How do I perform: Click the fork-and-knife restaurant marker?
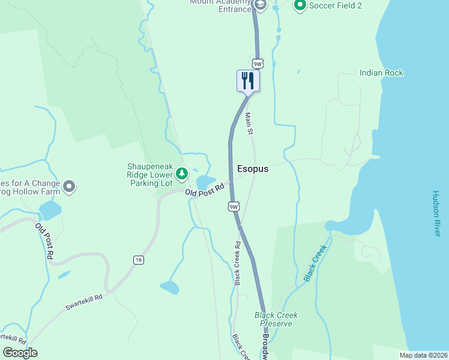point(248,80)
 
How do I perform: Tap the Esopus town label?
point(253,169)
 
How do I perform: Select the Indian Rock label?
point(381,73)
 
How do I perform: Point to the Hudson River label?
point(436,214)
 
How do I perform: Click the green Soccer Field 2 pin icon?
point(300,6)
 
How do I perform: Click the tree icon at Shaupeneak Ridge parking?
point(182,174)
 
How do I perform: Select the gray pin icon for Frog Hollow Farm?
point(69,187)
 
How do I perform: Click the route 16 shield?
point(139,259)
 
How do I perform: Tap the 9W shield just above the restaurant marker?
point(257,64)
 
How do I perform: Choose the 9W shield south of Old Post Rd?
point(234,207)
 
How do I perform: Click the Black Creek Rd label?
point(238,263)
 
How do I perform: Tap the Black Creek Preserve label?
point(276,319)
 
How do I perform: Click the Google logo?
point(20,353)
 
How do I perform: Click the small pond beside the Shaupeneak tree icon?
point(205,181)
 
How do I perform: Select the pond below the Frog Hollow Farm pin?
point(50,211)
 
